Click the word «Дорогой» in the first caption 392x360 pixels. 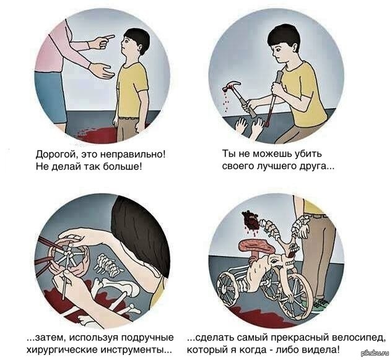pos(54,155)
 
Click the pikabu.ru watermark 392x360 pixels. pos(376,354)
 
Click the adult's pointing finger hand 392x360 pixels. pos(102,41)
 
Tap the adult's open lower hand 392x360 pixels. pos(101,71)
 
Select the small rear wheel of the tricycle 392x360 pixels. pos(229,288)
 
